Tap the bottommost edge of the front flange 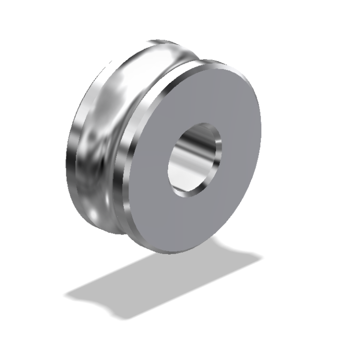(170, 252)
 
